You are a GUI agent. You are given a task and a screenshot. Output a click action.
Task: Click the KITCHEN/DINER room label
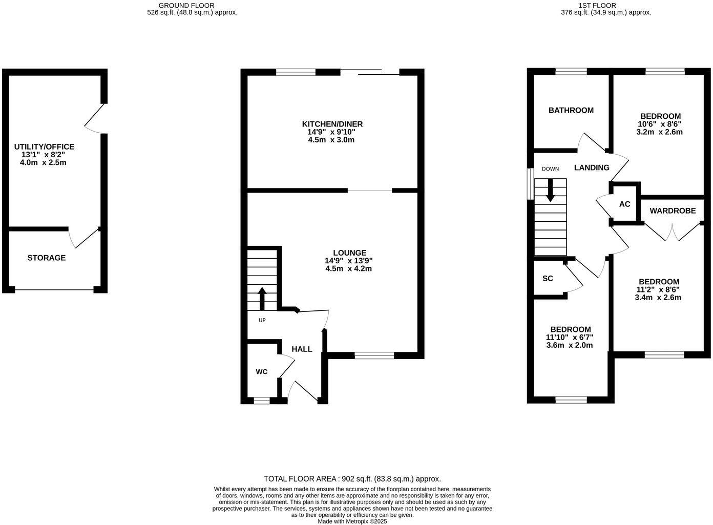click(332, 124)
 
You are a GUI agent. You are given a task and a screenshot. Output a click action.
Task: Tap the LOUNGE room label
click(349, 253)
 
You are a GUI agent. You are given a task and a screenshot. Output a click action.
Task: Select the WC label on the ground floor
click(261, 372)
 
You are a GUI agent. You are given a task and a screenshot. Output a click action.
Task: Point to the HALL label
click(302, 349)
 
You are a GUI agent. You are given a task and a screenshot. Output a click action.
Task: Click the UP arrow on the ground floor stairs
click(262, 298)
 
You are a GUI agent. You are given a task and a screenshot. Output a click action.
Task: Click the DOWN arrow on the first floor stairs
click(550, 190)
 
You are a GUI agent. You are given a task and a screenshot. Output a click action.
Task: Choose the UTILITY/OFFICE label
click(44, 147)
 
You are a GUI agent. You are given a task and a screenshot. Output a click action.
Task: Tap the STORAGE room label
click(47, 258)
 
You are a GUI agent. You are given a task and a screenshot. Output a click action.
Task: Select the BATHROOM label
click(571, 110)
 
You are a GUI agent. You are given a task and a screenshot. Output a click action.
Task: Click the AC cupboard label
click(624, 204)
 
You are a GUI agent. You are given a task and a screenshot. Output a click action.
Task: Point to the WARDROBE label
click(673, 211)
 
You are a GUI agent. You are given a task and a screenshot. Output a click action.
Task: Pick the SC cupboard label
click(548, 279)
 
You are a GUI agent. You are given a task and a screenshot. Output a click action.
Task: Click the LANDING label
click(592, 167)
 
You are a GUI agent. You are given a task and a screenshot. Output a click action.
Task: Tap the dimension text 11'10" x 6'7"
click(570, 337)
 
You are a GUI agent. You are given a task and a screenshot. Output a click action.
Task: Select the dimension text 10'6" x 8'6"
click(659, 124)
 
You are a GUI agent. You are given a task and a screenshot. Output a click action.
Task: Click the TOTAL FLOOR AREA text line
click(352, 479)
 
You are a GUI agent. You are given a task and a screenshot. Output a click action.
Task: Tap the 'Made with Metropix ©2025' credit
click(352, 521)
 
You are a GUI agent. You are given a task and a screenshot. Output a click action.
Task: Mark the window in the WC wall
click(261, 401)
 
